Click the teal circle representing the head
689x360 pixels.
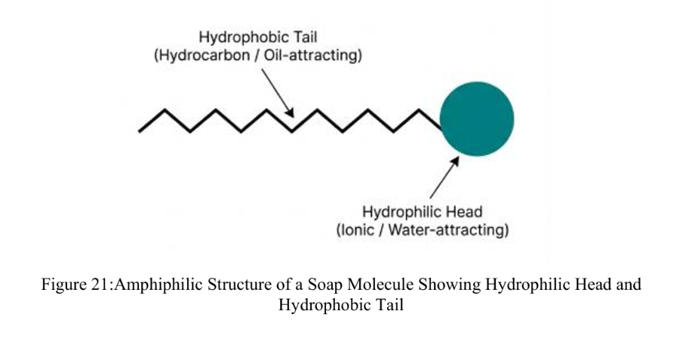pyautogui.click(x=477, y=118)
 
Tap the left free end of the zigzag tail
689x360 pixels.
pyautogui.click(x=140, y=131)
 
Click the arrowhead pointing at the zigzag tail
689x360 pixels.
pyautogui.click(x=290, y=113)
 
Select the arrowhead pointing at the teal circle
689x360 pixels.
pyautogui.click(x=455, y=161)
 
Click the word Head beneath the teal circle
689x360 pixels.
pyautogui.click(x=464, y=212)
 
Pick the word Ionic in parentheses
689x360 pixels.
pyautogui.click(x=358, y=230)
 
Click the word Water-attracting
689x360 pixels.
pyautogui.click(x=448, y=230)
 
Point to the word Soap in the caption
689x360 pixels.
pyautogui.click(x=325, y=285)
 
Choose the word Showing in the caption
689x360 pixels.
pyautogui.click(x=450, y=285)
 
